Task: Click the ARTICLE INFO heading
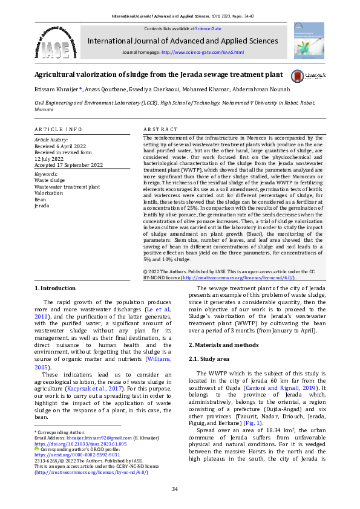[58, 129]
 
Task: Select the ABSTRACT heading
[161, 129]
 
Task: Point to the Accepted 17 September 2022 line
[69, 165]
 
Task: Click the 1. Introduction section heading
[55, 288]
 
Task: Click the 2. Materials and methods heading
[224, 345]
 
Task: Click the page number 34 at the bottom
[175, 489]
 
